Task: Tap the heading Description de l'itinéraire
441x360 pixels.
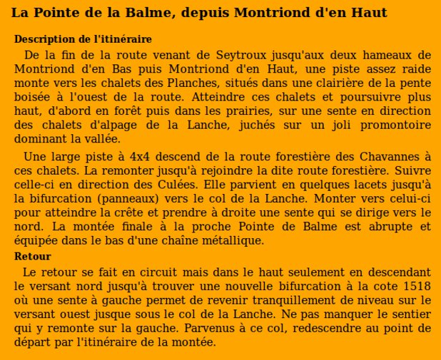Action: pos(83,39)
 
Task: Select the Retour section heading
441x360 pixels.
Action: pos(33,257)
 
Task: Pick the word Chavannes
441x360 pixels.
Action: pos(393,157)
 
